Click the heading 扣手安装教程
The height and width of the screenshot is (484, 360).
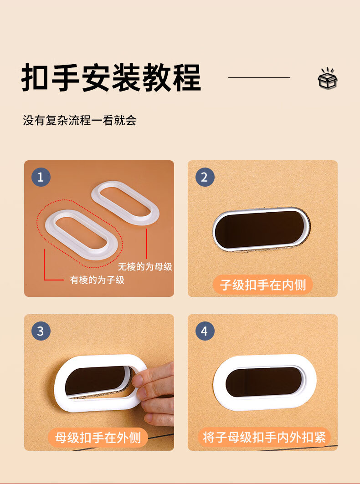click(111, 77)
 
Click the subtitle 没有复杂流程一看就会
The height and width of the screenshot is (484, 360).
click(80, 120)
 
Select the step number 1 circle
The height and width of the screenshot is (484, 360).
click(41, 177)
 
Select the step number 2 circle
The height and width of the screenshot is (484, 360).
click(205, 177)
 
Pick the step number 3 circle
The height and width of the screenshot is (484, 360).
click(41, 331)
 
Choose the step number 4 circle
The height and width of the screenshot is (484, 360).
click(205, 331)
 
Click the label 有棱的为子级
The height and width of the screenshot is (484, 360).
click(97, 280)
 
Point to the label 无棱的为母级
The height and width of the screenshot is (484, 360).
click(145, 266)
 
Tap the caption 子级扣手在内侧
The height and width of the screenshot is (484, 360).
click(263, 285)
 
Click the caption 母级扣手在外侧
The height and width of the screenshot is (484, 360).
click(98, 438)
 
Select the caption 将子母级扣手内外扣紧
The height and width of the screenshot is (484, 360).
click(264, 437)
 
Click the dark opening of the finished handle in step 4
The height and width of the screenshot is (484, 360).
click(265, 382)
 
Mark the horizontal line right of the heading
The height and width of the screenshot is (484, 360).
click(259, 77)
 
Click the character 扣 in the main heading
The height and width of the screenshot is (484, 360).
click(35, 77)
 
